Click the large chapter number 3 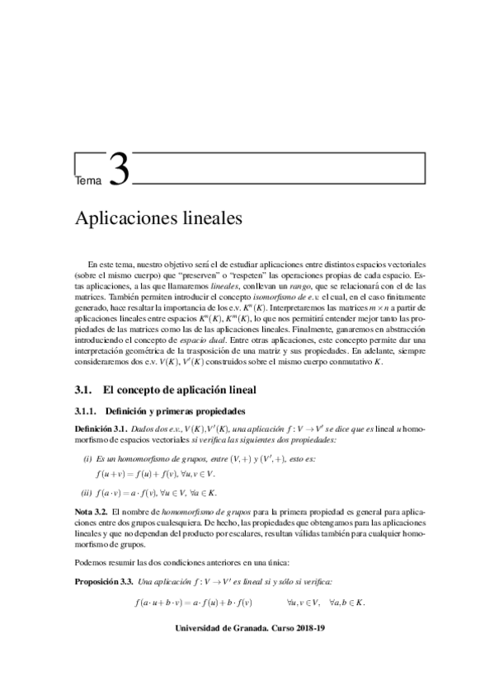(119, 170)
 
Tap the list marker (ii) (89, 493)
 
